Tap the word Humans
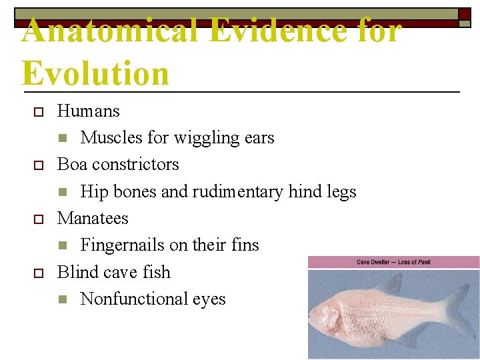pyautogui.click(x=89, y=111)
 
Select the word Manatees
pyautogui.click(x=93, y=218)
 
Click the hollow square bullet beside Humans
pyautogui.click(x=39, y=111)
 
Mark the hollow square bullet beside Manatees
pyautogui.click(x=39, y=219)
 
